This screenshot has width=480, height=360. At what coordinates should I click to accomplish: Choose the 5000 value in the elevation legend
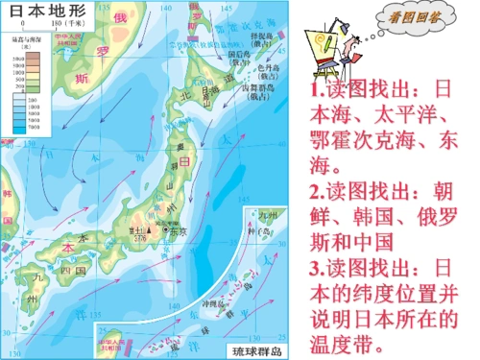pos(18,65)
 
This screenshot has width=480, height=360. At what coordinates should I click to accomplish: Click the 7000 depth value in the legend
pos(18,126)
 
